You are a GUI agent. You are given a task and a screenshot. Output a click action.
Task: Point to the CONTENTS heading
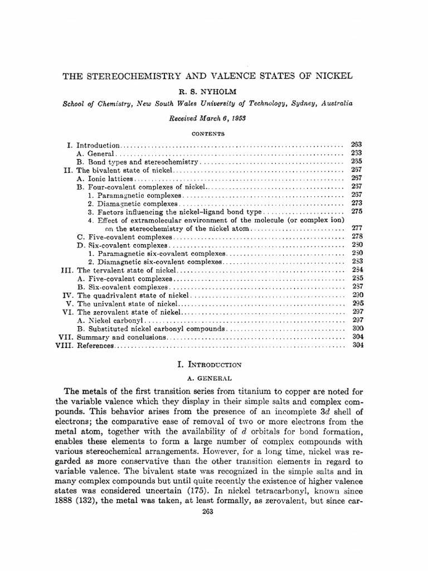(208, 134)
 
